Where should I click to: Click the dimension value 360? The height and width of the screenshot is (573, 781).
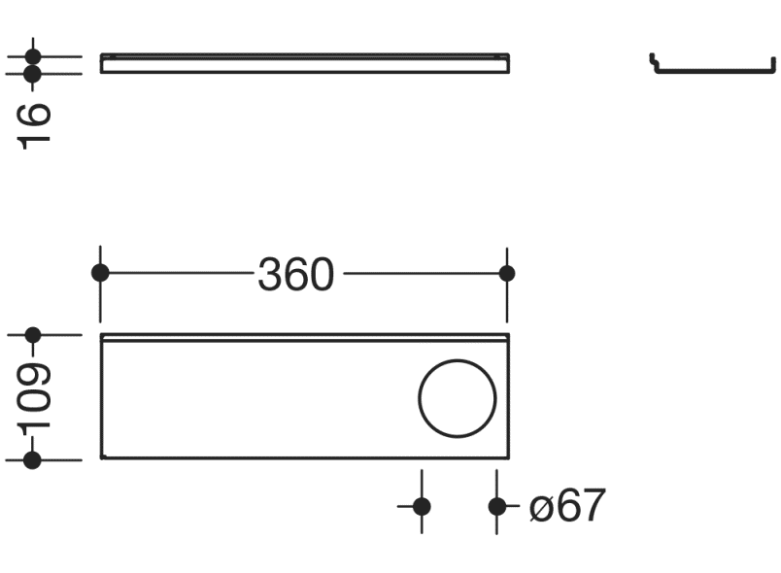(295, 275)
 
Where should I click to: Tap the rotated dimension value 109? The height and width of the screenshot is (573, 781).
(34, 398)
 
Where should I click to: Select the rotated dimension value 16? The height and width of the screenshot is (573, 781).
(34, 123)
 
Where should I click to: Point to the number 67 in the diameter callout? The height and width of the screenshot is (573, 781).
(581, 506)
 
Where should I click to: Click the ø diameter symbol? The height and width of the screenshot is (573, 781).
(541, 507)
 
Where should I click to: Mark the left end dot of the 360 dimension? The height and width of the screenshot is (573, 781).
(100, 273)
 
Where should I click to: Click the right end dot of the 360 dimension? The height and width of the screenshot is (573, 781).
(506, 273)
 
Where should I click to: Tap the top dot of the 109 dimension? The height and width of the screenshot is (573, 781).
(33, 335)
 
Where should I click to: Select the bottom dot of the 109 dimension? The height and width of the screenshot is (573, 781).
(33, 459)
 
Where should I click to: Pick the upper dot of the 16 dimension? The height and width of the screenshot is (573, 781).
(34, 56)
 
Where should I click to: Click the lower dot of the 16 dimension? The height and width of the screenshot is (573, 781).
(34, 73)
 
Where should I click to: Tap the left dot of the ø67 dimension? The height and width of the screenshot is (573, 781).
(422, 506)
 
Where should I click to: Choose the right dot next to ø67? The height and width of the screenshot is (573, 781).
(496, 506)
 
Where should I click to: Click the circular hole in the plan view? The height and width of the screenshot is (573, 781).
(458, 397)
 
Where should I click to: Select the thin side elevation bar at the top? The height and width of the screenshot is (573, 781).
(304, 63)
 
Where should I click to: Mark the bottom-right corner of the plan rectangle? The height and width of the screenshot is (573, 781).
(507, 458)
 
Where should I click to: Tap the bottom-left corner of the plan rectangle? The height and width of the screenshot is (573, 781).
(102, 458)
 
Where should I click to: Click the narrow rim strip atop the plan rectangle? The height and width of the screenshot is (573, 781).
(304, 338)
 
